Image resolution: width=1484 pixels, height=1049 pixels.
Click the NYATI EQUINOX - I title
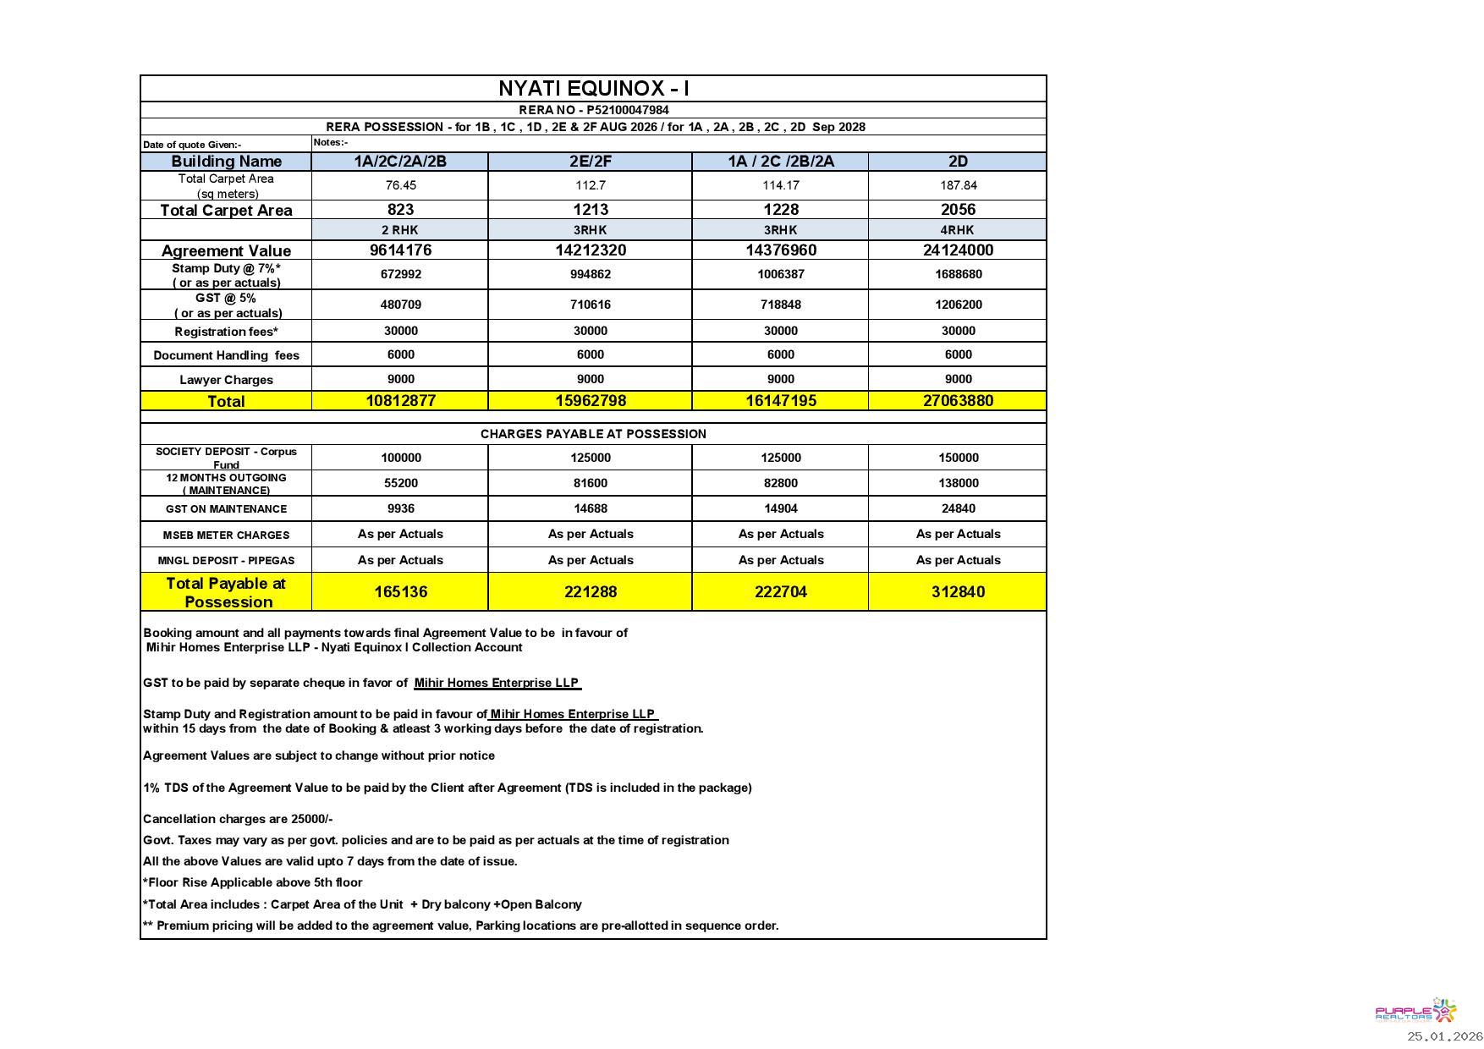click(x=593, y=89)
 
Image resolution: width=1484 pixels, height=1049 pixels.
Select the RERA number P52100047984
click(x=627, y=110)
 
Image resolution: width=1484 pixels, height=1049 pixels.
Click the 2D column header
click(x=958, y=162)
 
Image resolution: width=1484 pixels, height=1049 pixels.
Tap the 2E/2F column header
click(x=590, y=162)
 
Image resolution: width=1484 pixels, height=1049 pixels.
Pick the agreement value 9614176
click(x=400, y=250)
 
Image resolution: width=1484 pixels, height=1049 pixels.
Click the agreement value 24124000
click(x=958, y=250)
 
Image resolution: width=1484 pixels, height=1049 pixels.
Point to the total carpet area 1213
click(x=590, y=210)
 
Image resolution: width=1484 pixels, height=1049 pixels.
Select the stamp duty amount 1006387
click(x=780, y=274)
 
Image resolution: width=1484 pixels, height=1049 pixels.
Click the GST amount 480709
click(x=400, y=305)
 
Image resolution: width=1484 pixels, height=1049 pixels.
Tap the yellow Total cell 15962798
click(x=590, y=401)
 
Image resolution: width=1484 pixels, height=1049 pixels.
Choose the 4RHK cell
click(x=958, y=230)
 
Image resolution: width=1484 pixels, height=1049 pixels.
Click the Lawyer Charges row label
click(x=226, y=380)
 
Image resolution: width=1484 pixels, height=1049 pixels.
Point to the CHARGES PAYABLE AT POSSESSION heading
click(x=593, y=434)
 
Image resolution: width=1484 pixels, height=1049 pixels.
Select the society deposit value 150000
click(x=958, y=458)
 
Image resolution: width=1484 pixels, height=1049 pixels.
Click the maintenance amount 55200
click(x=400, y=483)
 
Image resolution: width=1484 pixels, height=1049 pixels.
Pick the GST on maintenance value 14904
click(x=780, y=508)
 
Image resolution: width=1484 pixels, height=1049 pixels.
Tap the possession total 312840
click(x=958, y=592)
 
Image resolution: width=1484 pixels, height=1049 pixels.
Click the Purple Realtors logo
click(x=1415, y=1011)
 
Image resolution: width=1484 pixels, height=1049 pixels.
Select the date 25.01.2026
click(x=1445, y=1036)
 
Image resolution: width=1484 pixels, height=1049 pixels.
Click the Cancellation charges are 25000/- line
click(x=238, y=819)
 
